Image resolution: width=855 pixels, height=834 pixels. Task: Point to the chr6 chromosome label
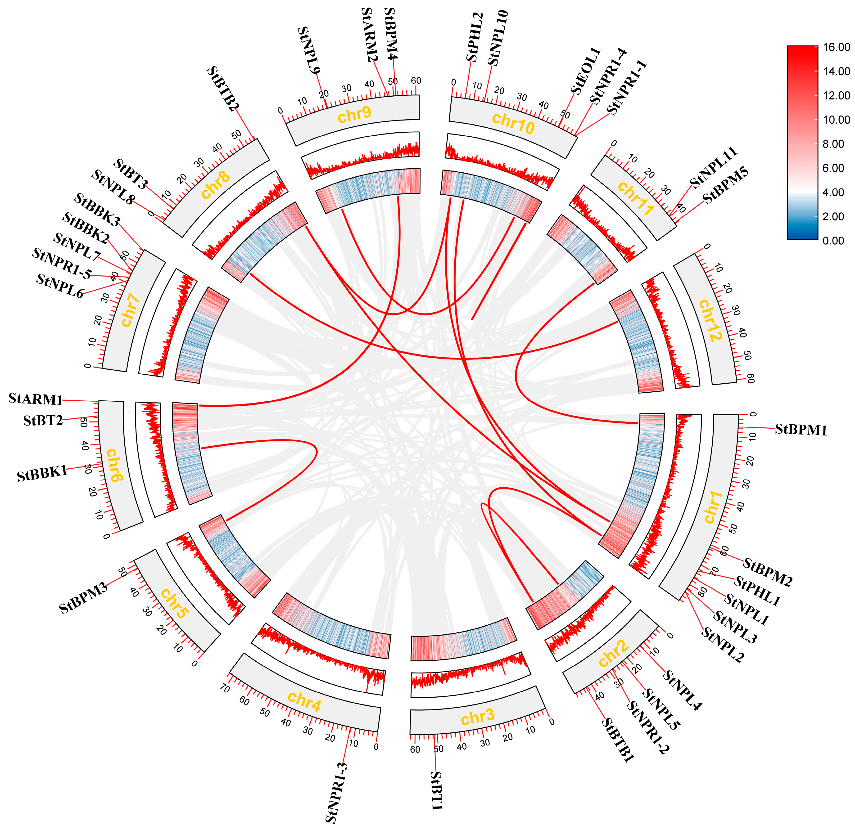coord(113,465)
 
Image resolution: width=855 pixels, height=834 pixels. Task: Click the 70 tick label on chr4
coord(224,689)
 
